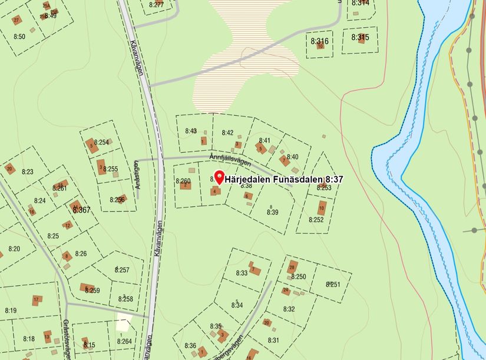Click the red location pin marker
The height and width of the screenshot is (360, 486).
[x=219, y=176]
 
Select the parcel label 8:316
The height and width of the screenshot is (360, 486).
[x=319, y=41]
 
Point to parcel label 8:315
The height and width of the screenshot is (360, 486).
[x=360, y=37]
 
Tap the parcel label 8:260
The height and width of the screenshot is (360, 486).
[x=183, y=181]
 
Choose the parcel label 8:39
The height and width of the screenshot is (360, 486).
[x=272, y=212]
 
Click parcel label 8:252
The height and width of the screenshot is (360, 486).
[x=316, y=220]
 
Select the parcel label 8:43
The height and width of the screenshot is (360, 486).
[x=191, y=131]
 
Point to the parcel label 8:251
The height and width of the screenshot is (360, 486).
[x=333, y=285]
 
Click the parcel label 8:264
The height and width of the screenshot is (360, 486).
[x=124, y=341]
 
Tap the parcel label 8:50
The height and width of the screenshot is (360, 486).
[x=19, y=37]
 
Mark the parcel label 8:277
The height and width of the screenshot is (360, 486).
[x=156, y=5]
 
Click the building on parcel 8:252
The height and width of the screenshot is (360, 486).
[x=322, y=207]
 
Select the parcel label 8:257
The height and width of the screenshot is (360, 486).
[x=122, y=270]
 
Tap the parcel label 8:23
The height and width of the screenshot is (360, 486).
[x=28, y=171]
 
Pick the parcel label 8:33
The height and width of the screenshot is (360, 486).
[x=242, y=273]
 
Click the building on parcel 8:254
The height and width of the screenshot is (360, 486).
[x=91, y=146]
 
